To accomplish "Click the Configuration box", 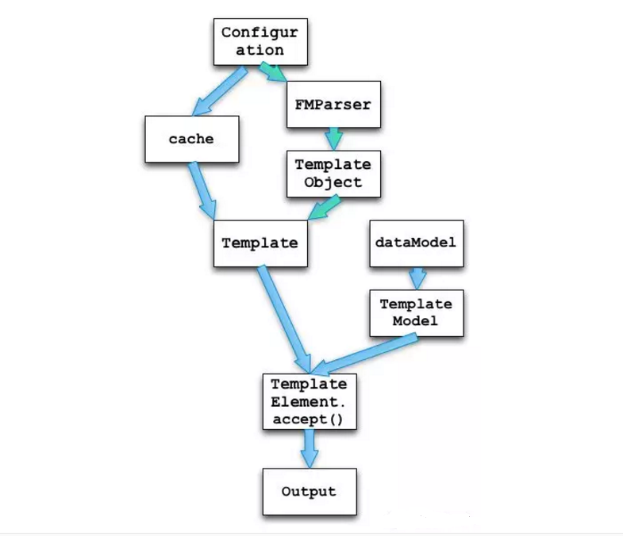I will [x=260, y=41].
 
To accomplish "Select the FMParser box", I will [x=333, y=104].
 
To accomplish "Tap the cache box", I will [x=191, y=139].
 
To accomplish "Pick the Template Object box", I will [x=333, y=174].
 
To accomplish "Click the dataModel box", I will [x=415, y=242].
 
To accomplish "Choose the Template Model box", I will [x=416, y=312].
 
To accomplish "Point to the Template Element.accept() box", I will [x=309, y=401].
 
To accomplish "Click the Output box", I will [x=309, y=492].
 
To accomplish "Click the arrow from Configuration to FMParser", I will [x=274, y=75].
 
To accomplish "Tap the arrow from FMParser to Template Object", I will [x=333, y=139].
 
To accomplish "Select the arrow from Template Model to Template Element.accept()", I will [x=365, y=352].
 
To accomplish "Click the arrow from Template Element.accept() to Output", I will [x=309, y=448].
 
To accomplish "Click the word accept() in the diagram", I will [x=308, y=419].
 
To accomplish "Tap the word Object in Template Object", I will [x=333, y=182].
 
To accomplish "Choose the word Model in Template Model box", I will [x=416, y=321].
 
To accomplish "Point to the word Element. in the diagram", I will [x=309, y=401].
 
